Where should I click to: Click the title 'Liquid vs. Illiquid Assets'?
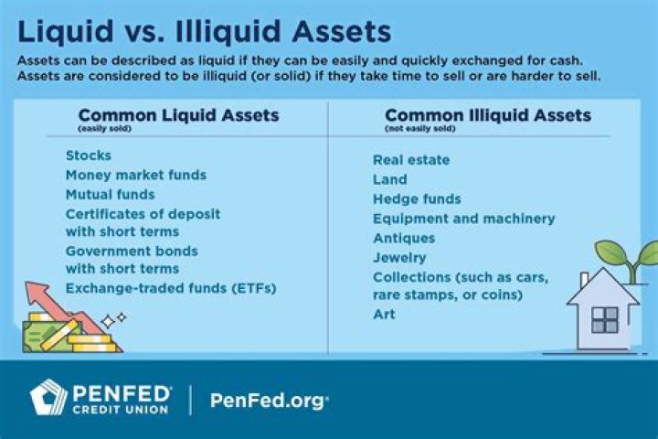click(x=205, y=31)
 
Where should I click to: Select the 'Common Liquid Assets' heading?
click(x=178, y=116)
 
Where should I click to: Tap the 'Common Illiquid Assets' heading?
click(x=487, y=116)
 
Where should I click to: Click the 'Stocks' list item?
click(x=88, y=155)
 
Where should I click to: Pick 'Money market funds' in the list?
click(x=135, y=175)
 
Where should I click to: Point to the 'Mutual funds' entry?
click(x=110, y=194)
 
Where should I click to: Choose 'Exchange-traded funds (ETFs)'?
click(x=170, y=288)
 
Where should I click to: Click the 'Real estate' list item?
click(x=411, y=160)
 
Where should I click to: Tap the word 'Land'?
click(x=389, y=179)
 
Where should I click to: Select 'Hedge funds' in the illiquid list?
click(x=416, y=198)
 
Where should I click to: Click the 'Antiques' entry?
click(x=403, y=238)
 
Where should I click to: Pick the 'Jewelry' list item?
click(x=398, y=257)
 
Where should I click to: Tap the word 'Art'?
click(x=383, y=314)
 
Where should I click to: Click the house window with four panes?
click(x=604, y=319)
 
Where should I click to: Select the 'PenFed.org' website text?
click(x=269, y=400)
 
